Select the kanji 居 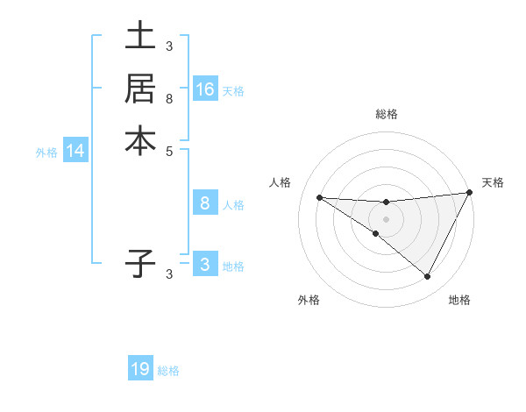(140, 89)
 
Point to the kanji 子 (140, 262)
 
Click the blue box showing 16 (205, 89)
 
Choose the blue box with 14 (75, 151)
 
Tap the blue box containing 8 (205, 203)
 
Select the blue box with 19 (140, 369)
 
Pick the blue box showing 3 (205, 264)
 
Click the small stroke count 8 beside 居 (168, 99)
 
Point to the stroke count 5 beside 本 (168, 150)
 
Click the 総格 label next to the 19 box (168, 371)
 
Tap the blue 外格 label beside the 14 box (46, 153)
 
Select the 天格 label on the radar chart (493, 182)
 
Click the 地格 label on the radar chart (459, 300)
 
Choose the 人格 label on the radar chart (280, 182)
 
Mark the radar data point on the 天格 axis (469, 193)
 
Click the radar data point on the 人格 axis (319, 197)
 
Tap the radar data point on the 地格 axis (428, 276)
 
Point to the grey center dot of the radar (386, 218)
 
